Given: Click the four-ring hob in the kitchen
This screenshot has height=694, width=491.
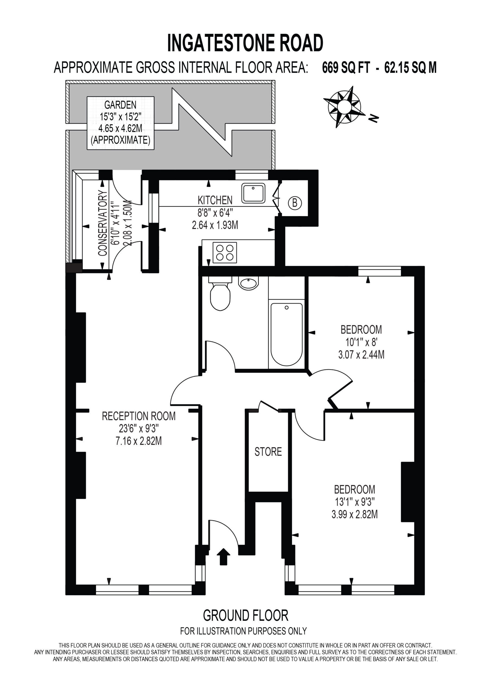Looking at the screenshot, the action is click(x=225, y=252).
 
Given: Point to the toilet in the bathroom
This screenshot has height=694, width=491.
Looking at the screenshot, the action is click(x=220, y=293).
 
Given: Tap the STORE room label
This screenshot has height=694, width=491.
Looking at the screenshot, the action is click(x=268, y=452).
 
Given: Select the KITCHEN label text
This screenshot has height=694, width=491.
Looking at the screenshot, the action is click(x=215, y=200).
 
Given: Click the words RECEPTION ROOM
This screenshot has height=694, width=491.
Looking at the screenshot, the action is click(x=139, y=416).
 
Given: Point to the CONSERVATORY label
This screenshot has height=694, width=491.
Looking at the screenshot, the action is click(x=103, y=223).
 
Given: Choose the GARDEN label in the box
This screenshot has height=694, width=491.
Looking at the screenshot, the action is click(x=120, y=105).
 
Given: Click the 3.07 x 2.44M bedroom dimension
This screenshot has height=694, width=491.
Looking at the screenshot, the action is click(x=361, y=355).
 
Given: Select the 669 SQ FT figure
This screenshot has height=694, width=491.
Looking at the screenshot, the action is click(x=346, y=68).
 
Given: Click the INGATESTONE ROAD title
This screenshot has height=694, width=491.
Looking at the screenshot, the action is click(x=245, y=43).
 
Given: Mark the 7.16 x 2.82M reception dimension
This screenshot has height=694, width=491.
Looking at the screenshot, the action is click(x=139, y=441).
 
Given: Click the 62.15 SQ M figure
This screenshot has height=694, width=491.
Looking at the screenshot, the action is click(x=410, y=68).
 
